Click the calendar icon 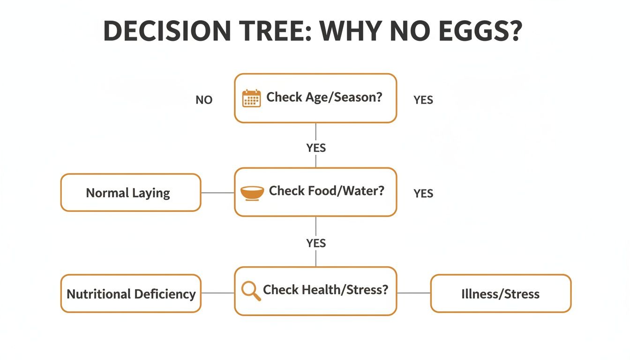coord(251,98)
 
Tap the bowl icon coord(252,193)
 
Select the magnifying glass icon coord(251,291)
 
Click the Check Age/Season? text coord(324,97)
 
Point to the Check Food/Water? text coord(326,191)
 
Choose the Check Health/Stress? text coord(326,290)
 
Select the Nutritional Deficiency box coord(131,294)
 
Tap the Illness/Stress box coord(501,294)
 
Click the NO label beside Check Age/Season coord(204,100)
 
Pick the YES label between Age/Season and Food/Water coord(316,148)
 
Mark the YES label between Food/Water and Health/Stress coord(316,243)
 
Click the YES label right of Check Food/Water coord(423,194)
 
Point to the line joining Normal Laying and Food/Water coord(217,193)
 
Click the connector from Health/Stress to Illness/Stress coord(413,293)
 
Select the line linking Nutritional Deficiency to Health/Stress coord(217,293)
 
